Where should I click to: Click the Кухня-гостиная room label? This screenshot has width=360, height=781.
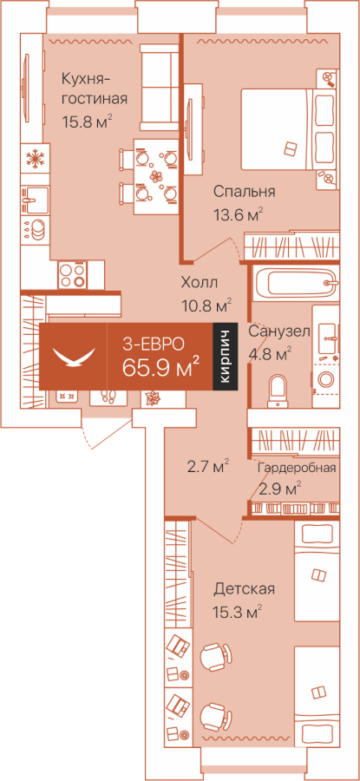(x=94, y=89)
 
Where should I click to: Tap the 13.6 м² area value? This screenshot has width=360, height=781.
(x=237, y=215)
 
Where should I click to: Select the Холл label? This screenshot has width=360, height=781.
(x=200, y=284)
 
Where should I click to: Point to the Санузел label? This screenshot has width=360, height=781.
(x=279, y=331)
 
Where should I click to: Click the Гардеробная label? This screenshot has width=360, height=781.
(x=297, y=469)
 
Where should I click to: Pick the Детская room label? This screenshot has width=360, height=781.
(x=244, y=590)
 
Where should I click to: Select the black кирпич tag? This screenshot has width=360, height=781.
(x=225, y=356)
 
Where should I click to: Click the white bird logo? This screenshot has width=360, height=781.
(x=74, y=357)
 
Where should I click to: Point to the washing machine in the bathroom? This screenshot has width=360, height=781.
(x=326, y=378)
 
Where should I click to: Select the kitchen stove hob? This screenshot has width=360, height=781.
(x=73, y=275)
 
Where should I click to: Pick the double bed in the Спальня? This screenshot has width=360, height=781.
(x=289, y=128)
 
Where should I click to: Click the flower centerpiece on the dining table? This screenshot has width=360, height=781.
(x=157, y=176)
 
